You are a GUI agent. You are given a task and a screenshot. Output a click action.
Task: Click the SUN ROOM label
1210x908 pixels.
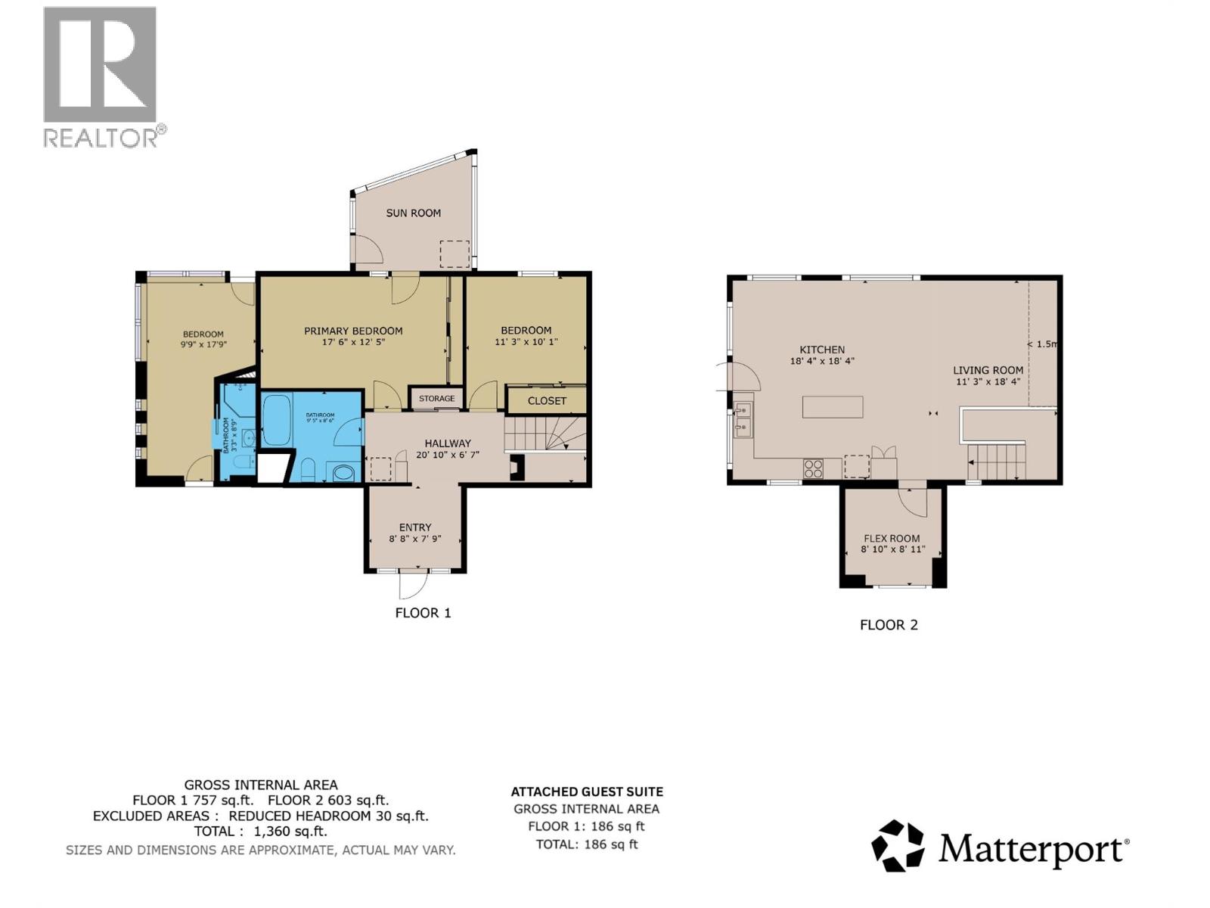pos(413,213)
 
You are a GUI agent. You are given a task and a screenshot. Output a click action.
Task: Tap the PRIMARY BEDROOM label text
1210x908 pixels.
pos(353,331)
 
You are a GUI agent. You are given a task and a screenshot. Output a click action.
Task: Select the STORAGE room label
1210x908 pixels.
pos(436,398)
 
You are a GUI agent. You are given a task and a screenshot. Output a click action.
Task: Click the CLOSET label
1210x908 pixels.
pos(547,401)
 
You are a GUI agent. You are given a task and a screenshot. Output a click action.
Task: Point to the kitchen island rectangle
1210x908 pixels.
pos(833,407)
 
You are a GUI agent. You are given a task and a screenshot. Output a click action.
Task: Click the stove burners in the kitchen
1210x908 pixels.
pos(813,469)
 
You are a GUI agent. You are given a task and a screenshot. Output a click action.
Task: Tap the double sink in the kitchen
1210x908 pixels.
pos(743,421)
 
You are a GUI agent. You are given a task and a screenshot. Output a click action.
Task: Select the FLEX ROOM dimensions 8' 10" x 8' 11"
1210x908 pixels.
pos(893,549)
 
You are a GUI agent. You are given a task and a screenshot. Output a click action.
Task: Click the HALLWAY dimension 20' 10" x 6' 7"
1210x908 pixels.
pos(448,455)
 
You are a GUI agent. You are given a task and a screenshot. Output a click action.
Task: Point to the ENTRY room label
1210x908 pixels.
pos(415,527)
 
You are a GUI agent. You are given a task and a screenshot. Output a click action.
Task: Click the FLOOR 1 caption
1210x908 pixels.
pos(423,613)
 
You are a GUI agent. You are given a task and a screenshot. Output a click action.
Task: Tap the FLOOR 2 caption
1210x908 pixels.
pos(889,625)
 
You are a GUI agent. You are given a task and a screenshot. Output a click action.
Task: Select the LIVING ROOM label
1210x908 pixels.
pos(988,370)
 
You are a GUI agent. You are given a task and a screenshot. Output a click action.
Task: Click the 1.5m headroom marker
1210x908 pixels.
pos(1044,344)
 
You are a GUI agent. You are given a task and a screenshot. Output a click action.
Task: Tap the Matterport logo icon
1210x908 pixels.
pos(898,846)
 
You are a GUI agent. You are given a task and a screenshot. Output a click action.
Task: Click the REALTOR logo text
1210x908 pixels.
pos(101,138)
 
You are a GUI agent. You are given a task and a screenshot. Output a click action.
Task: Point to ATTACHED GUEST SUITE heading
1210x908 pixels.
pos(587,792)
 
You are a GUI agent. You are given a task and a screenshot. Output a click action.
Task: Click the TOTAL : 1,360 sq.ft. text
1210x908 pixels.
pos(261,832)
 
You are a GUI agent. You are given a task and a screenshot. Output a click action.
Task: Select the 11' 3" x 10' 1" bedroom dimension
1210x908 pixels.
pos(526,342)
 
